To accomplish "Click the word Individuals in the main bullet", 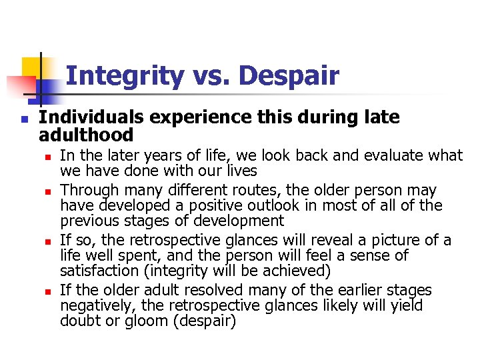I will pos(91,117).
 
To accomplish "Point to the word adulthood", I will pos(87,135).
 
